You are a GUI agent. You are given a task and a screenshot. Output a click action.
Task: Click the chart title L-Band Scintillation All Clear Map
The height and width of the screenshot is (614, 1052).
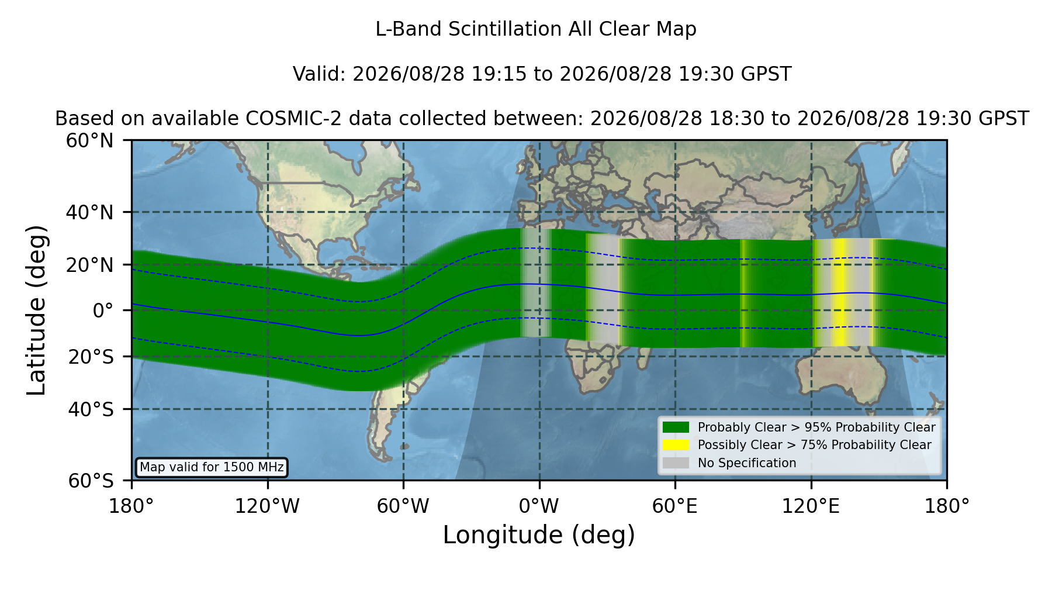click(535, 29)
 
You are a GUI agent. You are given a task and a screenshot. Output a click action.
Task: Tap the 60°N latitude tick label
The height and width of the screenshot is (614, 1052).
click(90, 141)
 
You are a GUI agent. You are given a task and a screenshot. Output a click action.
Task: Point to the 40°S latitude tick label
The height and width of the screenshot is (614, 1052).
click(91, 409)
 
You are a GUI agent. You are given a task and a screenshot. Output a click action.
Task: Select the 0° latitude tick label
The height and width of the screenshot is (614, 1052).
click(103, 311)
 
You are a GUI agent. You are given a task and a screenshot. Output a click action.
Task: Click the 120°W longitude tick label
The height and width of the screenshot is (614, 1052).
click(267, 506)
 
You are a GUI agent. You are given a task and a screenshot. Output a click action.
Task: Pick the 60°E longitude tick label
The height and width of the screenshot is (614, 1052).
click(675, 506)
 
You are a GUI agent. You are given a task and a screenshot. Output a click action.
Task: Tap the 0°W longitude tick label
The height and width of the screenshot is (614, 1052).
click(539, 506)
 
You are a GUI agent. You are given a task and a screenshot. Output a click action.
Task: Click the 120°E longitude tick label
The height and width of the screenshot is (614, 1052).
click(811, 506)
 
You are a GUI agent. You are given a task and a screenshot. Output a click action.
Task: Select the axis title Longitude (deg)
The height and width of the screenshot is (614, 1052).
click(539, 535)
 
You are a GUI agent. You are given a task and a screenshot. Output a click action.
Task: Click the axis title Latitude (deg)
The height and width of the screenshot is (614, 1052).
click(36, 310)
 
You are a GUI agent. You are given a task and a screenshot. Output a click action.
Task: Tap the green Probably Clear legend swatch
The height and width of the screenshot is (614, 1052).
click(676, 427)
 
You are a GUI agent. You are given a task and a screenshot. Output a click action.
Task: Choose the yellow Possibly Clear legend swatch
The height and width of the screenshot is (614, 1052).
click(676, 445)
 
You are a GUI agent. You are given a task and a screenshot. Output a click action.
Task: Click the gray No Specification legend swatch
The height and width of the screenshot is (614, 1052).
click(676, 463)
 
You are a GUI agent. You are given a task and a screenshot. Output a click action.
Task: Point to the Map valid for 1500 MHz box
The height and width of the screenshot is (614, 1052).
click(212, 467)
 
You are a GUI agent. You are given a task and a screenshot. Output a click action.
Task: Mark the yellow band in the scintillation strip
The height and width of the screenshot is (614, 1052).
click(839, 292)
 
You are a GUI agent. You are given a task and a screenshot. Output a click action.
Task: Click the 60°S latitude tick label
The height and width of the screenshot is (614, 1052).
click(91, 481)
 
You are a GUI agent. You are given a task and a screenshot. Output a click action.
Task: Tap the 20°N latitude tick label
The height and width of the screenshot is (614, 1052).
click(90, 265)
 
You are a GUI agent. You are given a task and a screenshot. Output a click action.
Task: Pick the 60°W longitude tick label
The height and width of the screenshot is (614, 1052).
click(403, 506)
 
